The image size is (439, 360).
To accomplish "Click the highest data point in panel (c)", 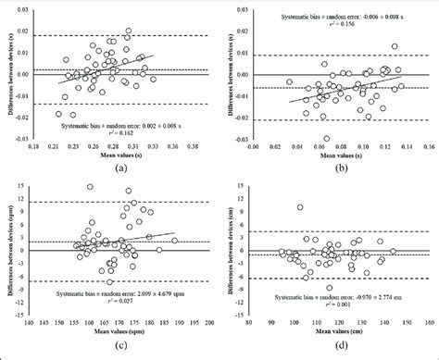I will click(x=90, y=187).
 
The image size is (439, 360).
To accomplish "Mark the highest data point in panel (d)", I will click(x=299, y=207).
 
